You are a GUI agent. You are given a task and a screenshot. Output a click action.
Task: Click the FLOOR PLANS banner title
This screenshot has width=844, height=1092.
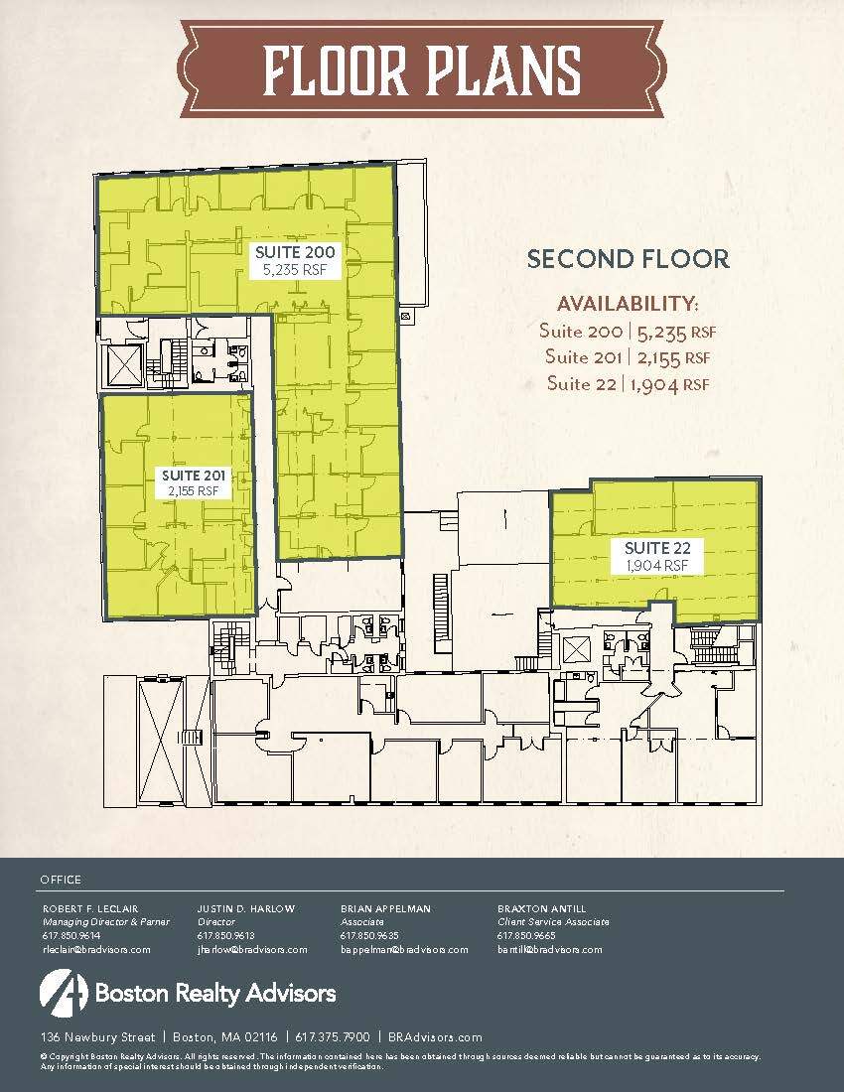coord(423,70)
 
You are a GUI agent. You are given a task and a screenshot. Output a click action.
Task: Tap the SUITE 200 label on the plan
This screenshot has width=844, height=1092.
coord(296,251)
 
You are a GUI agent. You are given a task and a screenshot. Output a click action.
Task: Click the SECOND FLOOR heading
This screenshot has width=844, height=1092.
coord(628,259)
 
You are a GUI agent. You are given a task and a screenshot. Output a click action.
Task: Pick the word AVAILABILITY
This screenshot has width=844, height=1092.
coord(628,303)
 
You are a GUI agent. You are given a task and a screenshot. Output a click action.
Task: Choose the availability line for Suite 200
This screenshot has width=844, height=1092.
coord(628,331)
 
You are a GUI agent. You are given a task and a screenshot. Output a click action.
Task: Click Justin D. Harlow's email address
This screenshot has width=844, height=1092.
coord(252,949)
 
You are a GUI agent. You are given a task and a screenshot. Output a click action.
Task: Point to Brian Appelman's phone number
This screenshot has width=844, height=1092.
coord(369,935)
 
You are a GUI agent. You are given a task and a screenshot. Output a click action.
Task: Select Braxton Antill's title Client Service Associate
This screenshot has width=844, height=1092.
coord(553,921)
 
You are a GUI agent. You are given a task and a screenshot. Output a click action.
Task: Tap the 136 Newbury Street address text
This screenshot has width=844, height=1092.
coord(96,1036)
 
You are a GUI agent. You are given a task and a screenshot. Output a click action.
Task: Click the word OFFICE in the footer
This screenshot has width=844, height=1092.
coord(61,880)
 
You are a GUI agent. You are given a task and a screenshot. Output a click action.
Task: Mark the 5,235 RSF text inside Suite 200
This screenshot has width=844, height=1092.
coord(296,268)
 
